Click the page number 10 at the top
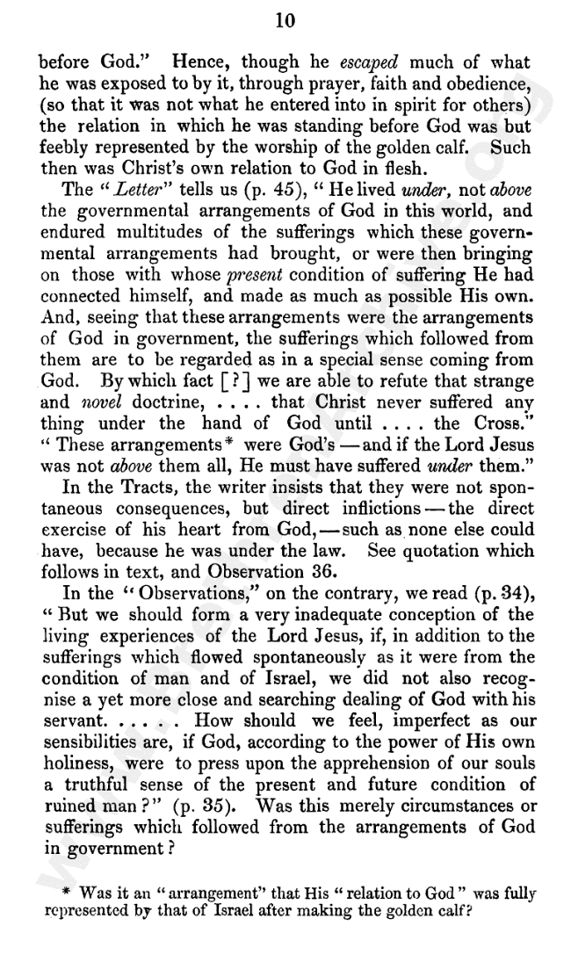[x=285, y=22]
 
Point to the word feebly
[x=62, y=149]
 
